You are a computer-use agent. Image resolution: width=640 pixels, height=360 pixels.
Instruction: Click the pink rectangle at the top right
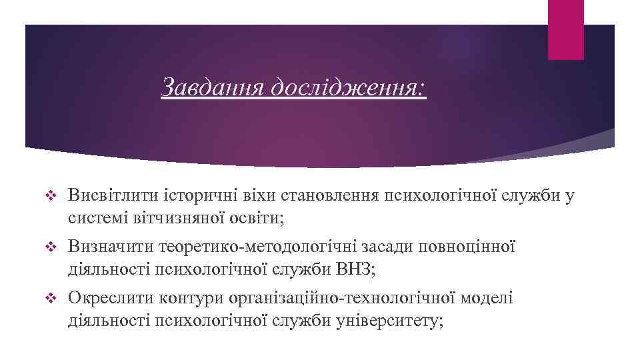click(x=565, y=29)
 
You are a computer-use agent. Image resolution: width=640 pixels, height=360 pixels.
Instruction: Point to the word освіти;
click(x=257, y=217)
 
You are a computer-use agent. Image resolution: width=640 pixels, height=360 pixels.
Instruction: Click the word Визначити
click(x=111, y=247)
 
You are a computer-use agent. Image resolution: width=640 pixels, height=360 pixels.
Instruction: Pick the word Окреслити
click(x=111, y=299)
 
